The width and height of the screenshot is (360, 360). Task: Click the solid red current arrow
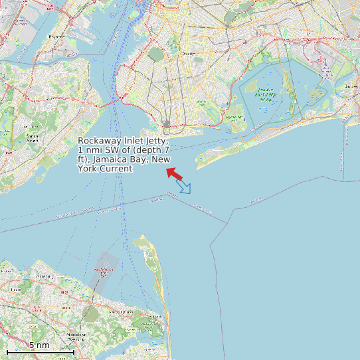tap(174, 173)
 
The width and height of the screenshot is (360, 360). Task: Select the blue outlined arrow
tap(184, 187)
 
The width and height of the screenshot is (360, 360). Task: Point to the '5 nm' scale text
tap(39, 345)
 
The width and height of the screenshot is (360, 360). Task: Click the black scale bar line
tap(40, 351)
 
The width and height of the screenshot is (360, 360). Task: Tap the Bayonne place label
tap(56, 37)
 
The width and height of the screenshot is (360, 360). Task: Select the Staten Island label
tap(31, 137)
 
